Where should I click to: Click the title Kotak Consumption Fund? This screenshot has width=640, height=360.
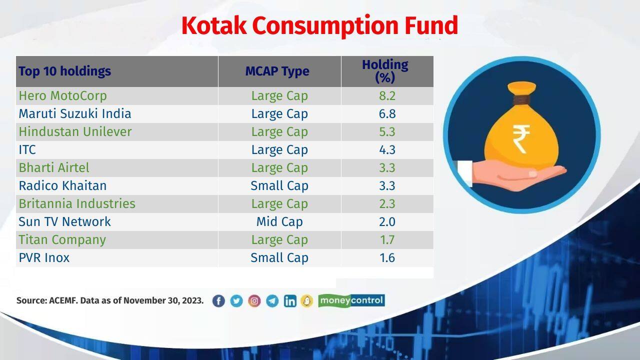[319, 25]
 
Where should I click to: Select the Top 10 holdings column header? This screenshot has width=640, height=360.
[64, 71]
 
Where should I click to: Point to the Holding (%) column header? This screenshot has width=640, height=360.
[385, 71]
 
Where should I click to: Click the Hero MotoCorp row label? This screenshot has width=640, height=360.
[62, 95]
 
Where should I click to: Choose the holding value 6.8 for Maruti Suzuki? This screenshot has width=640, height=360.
[387, 113]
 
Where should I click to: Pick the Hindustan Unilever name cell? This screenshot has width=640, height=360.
[75, 131]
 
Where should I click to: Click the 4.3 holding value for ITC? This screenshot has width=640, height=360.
[387, 149]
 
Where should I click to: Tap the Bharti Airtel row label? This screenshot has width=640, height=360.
[54, 167]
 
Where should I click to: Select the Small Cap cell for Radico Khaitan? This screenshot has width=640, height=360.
[279, 185]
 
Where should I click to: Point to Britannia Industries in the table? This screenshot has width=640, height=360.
[77, 203]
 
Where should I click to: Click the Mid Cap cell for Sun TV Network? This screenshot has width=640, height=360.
[279, 221]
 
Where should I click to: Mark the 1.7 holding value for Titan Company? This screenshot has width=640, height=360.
[387, 239]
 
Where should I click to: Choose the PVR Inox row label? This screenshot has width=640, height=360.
[44, 257]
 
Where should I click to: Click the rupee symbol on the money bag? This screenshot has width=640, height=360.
[521, 139]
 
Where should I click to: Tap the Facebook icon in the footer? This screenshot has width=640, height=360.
[218, 300]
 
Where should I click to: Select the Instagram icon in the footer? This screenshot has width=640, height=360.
[254, 300]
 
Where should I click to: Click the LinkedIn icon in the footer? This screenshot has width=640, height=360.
[290, 300]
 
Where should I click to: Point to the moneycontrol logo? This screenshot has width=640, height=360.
[351, 300]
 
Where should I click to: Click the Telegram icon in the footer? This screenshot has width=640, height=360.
[272, 300]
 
